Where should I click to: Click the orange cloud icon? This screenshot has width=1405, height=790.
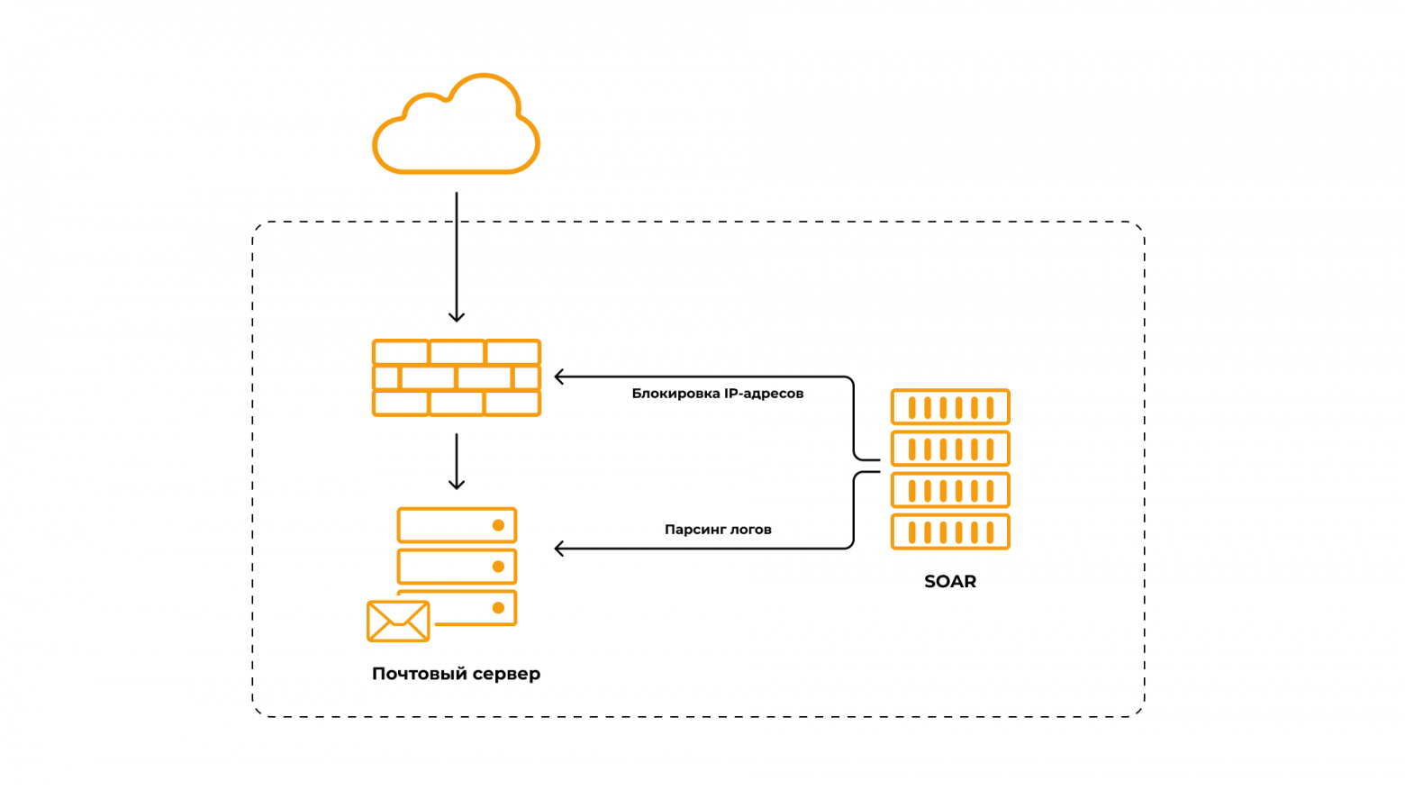pyautogui.click(x=456, y=126)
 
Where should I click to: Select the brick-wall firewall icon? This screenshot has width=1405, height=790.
pyautogui.click(x=457, y=377)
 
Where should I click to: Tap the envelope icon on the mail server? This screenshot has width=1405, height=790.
pyautogui.click(x=398, y=621)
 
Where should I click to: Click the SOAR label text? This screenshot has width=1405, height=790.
pyautogui.click(x=950, y=582)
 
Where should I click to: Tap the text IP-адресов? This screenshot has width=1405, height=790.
pyautogui.click(x=764, y=394)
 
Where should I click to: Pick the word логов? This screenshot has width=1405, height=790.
pyautogui.click(x=750, y=530)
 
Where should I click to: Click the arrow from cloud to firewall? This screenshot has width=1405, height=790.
pyautogui.click(x=457, y=257)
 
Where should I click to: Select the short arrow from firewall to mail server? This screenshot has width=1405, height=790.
pyautogui.click(x=457, y=461)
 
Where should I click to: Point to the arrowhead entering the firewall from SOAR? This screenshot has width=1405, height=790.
pyautogui.click(x=559, y=377)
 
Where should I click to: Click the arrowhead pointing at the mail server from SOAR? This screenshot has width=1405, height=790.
pyautogui.click(x=559, y=549)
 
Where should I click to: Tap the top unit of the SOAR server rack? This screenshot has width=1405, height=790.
pyautogui.click(x=950, y=407)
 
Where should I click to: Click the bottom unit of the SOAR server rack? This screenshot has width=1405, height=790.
pyautogui.click(x=950, y=531)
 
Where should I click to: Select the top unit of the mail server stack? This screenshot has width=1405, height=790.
pyautogui.click(x=457, y=525)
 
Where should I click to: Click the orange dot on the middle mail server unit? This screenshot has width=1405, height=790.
pyautogui.click(x=498, y=567)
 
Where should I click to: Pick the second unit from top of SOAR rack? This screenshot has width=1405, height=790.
pyautogui.click(x=950, y=449)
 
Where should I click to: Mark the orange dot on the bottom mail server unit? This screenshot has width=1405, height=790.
pyautogui.click(x=498, y=608)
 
